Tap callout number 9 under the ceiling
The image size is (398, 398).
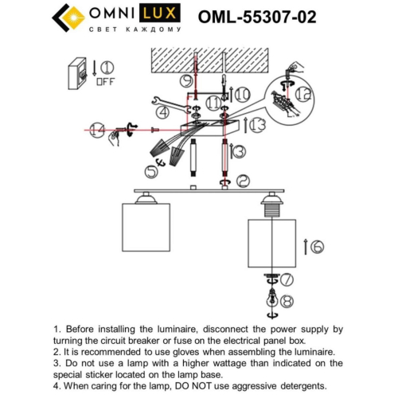(x=185, y=80)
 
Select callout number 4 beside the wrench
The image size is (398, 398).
(x=163, y=112)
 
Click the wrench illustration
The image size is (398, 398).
(x=166, y=100)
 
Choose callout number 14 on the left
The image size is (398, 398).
(x=97, y=129)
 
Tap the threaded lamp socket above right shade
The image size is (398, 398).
(x=271, y=208)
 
